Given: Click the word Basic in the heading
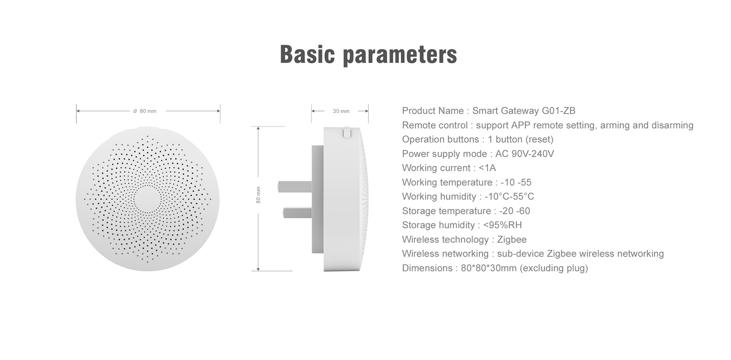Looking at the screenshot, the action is click(x=307, y=54).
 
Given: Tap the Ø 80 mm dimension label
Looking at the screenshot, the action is click(x=145, y=111).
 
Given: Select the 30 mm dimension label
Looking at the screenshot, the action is click(x=341, y=111).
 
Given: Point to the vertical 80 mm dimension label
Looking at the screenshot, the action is click(x=259, y=195).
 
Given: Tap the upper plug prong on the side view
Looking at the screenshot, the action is click(x=295, y=186).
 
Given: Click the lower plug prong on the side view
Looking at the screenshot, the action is click(x=298, y=212).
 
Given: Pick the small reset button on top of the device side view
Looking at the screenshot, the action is click(x=346, y=132).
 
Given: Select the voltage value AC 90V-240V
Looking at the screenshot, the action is click(x=525, y=154).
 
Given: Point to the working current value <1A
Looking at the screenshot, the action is click(x=487, y=168).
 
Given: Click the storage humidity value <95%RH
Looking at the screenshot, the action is click(x=503, y=225).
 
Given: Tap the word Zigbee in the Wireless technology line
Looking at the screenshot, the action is click(x=512, y=240).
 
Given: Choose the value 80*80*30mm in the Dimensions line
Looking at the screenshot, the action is click(x=489, y=268).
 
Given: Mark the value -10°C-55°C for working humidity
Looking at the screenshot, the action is click(x=509, y=197).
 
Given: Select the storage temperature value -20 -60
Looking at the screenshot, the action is click(x=514, y=211).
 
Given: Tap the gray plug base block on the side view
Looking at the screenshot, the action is click(x=318, y=199).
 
